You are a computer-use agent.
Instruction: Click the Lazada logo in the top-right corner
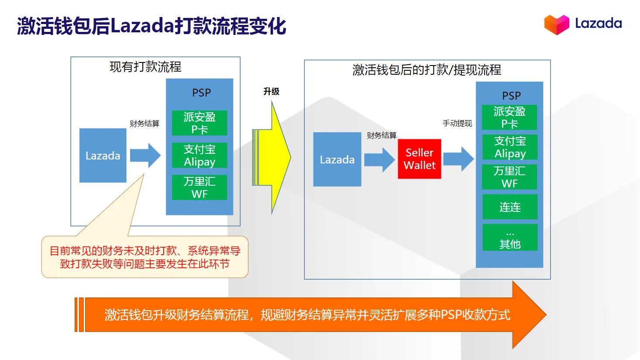point(583,24)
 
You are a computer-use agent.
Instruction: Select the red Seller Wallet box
point(419,159)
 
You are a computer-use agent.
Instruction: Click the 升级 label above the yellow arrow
point(271,91)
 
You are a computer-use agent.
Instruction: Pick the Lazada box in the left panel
point(103,156)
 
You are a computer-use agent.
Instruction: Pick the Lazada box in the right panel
point(337,159)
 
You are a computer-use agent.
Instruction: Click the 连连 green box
point(509,207)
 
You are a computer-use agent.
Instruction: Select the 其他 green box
point(509,238)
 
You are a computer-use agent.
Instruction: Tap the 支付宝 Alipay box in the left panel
point(200,156)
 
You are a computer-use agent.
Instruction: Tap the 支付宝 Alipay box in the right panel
point(509,147)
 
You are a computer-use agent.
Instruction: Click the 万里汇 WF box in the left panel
point(200,187)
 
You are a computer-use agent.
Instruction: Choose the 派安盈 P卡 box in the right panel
point(509,118)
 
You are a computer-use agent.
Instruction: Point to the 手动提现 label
point(457,124)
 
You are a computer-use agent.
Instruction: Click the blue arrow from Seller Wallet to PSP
point(458,159)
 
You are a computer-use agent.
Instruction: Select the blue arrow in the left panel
point(145,156)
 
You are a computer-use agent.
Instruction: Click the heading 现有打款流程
point(145,67)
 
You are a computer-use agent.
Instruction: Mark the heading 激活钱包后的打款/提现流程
point(427,70)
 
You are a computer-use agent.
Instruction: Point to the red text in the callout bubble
point(145,257)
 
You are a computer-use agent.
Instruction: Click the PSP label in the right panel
point(511,96)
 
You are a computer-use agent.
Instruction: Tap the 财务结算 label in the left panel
point(145,124)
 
